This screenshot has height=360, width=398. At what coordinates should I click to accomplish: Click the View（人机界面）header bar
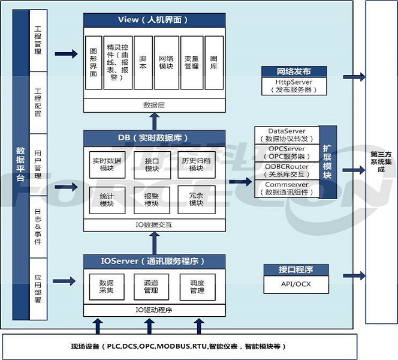154,20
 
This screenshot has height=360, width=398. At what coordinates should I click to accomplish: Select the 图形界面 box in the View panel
94,63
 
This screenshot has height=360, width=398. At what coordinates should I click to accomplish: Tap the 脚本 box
142,63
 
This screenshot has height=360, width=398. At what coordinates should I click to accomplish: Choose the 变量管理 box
191,63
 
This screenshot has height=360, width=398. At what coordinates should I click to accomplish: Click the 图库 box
214,63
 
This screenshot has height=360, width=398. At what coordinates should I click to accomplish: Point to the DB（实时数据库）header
154,138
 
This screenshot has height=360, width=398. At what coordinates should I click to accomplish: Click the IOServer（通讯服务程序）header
154,261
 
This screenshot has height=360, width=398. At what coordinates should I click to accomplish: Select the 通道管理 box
151,287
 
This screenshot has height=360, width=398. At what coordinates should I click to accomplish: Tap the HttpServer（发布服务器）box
294,86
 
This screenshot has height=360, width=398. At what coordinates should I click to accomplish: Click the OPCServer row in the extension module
287,152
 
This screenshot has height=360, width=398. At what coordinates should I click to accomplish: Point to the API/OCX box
296,284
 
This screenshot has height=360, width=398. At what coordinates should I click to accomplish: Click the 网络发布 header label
294,71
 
